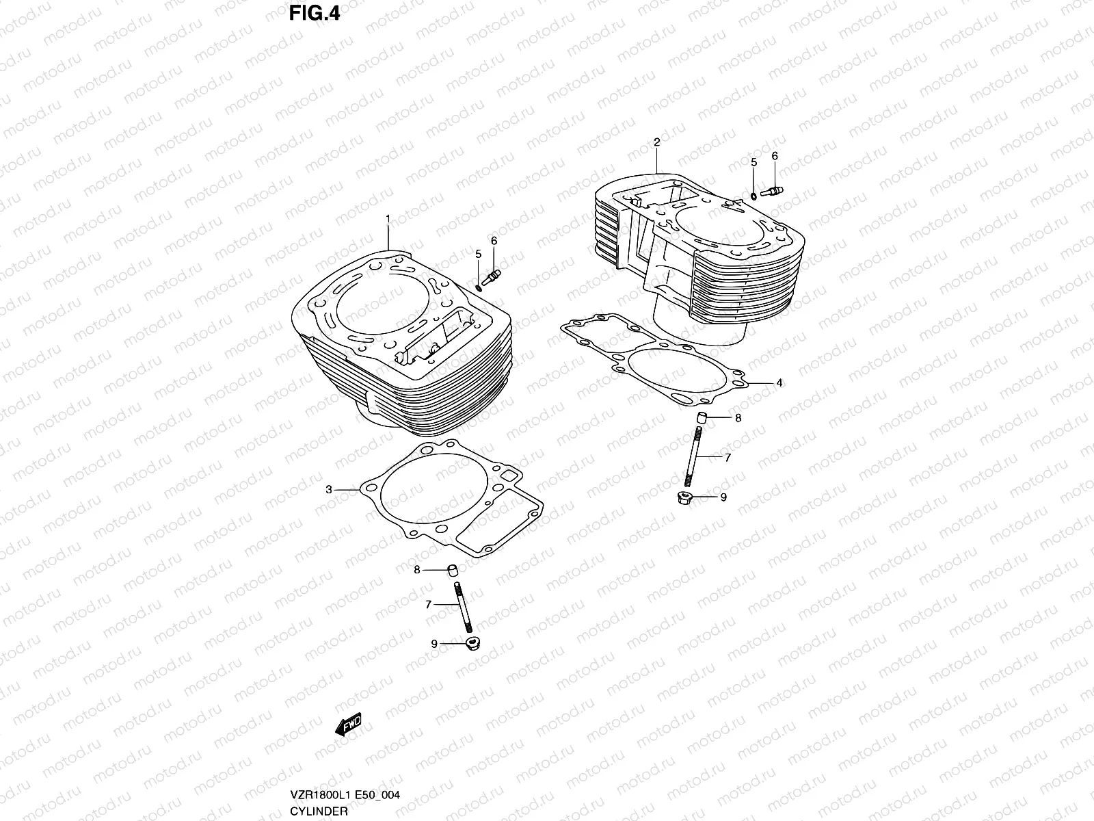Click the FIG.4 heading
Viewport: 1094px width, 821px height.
pos(314,13)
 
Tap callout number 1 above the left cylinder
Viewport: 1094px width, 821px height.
pos(388,219)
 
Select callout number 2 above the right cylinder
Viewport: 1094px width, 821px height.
pos(656,142)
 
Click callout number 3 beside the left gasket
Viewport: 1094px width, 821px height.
pos(329,490)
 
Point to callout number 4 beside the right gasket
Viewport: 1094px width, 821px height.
pos(779,383)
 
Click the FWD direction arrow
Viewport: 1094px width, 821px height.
pos(348,725)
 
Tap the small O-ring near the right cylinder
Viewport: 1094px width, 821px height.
pos(753,196)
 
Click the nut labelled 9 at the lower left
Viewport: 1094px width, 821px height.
pos(471,644)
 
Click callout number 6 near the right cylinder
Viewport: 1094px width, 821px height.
pos(775,157)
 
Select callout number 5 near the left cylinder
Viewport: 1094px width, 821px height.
pos(479,255)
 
